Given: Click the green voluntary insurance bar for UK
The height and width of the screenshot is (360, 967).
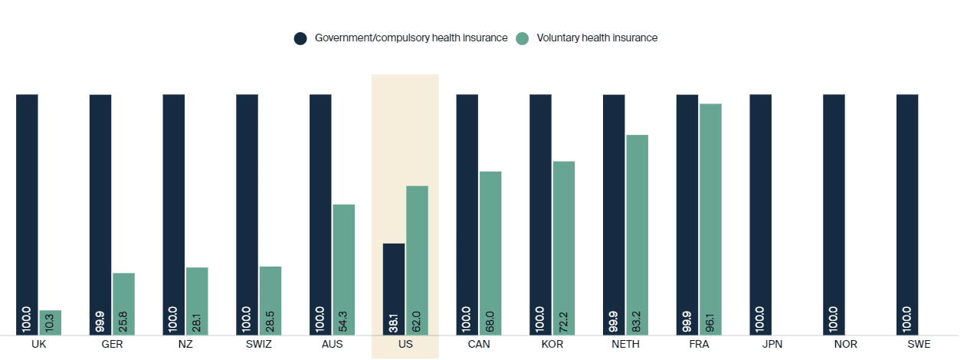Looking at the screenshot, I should point(51,322).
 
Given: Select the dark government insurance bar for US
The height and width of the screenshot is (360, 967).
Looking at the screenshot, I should point(394,289).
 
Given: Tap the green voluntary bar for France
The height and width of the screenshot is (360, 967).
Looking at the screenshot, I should point(710,219).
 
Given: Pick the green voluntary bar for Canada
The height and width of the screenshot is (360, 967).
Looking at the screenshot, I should point(490,253).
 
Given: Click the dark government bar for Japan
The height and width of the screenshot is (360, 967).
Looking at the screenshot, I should point(760,214).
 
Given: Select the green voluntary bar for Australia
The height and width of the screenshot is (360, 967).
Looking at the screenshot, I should point(343,270).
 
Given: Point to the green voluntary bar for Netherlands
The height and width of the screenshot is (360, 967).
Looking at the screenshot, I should point(637,234).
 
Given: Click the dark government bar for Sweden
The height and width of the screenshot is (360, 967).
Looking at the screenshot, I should point(907,214).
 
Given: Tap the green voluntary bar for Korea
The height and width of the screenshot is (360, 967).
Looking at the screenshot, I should point(564,247).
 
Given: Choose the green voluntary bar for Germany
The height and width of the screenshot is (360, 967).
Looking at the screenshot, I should point(123,303).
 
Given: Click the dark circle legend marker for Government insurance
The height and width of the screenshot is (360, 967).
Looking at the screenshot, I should point(300,38).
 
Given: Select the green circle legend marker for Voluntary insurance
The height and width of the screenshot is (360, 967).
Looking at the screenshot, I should point(523,38).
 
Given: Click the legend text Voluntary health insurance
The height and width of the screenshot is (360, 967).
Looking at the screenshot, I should point(597,38).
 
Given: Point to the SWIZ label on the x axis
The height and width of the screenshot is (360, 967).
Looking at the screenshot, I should point(258,345).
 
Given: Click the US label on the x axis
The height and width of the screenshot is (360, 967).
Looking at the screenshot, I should point(405,345).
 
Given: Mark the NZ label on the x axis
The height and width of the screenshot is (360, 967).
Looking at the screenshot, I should point(185,345).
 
